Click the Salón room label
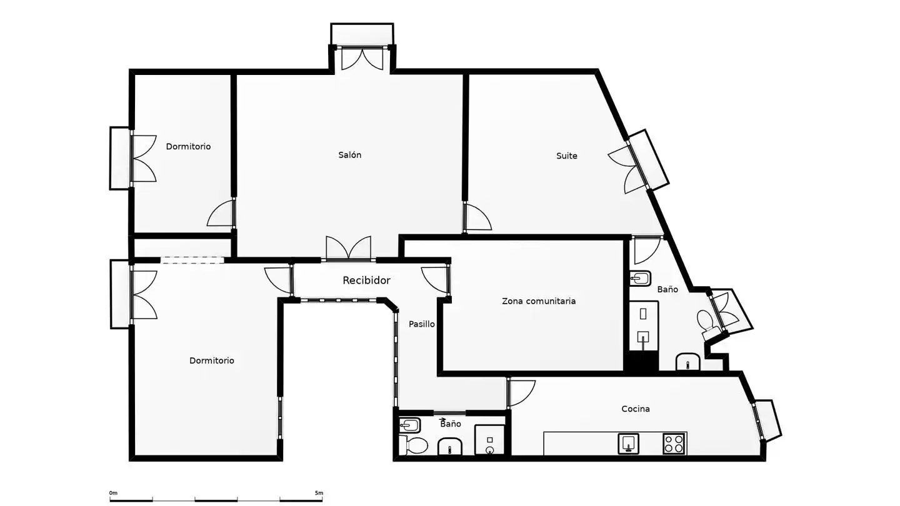coord(349,155)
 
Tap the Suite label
coord(566,156)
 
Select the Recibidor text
coord(366,280)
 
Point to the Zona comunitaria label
coord(538,301)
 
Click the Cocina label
coord(635,409)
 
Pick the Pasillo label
coord(421,324)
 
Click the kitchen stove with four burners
coord(673,444)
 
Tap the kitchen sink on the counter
coord(628,444)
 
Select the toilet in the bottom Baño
coord(414,445)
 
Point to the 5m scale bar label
coord(319,493)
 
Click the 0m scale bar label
coord(113,493)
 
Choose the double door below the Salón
coord(348,248)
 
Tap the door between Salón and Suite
coord(477,217)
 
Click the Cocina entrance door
coord(521,394)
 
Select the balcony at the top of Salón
coord(362,34)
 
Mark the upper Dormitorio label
coord(188,147)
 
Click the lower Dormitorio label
coord(212,360)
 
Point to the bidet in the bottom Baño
coord(410,425)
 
